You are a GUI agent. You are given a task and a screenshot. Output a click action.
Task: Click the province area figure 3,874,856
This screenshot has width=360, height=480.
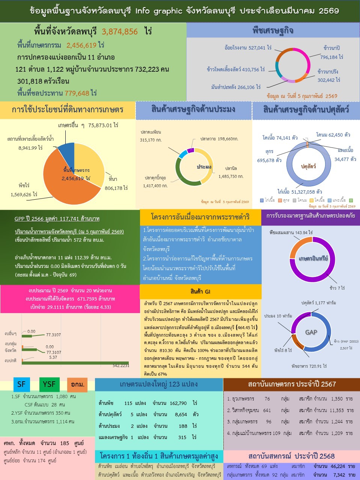(x=120, y=32)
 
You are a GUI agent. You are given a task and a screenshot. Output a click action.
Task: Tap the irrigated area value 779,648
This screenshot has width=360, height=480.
(x=77, y=93)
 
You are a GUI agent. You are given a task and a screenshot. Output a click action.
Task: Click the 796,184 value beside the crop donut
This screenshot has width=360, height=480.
(x=331, y=57)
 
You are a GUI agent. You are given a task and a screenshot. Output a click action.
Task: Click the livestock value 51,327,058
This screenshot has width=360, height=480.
(x=300, y=192)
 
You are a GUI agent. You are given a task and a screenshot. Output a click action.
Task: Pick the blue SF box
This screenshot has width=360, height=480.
(x=21, y=384)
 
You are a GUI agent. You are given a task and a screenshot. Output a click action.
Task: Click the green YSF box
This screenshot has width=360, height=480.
(x=49, y=384)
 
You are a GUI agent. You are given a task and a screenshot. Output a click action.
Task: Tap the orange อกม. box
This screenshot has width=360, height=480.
(x=77, y=385)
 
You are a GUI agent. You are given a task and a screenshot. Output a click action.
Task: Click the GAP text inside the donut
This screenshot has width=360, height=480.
(x=311, y=332)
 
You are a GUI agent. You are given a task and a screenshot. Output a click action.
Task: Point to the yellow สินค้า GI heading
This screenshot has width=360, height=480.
(x=200, y=292)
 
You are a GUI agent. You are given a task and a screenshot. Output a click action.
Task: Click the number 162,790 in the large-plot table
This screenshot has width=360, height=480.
(x=178, y=403)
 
